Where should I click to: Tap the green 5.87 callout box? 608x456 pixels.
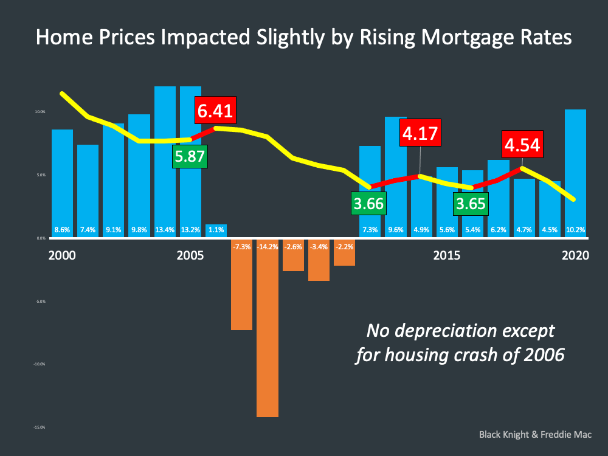pyautogui.click(x=190, y=156)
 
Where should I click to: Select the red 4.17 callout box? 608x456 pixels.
pyautogui.click(x=420, y=133)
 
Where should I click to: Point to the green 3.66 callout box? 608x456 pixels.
pyautogui.click(x=368, y=203)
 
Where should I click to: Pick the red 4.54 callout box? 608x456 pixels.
pyautogui.click(x=522, y=147)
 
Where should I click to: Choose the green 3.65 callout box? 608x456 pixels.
pyautogui.click(x=471, y=203)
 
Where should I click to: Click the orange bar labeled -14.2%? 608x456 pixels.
pyautogui.click(x=268, y=334)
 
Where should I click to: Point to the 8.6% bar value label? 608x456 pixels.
pyautogui.click(x=62, y=230)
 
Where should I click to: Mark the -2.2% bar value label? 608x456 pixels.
pyautogui.click(x=344, y=247)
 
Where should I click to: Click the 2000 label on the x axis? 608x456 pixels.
pyautogui.click(x=62, y=255)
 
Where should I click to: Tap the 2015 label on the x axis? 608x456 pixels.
pyautogui.click(x=446, y=255)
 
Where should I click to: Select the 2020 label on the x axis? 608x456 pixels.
pyautogui.click(x=575, y=255)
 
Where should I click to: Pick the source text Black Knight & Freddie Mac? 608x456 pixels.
pyautogui.click(x=535, y=435)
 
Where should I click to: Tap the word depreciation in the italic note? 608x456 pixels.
pyautogui.click(x=449, y=331)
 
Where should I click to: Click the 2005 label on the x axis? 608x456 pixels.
pyautogui.click(x=190, y=255)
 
